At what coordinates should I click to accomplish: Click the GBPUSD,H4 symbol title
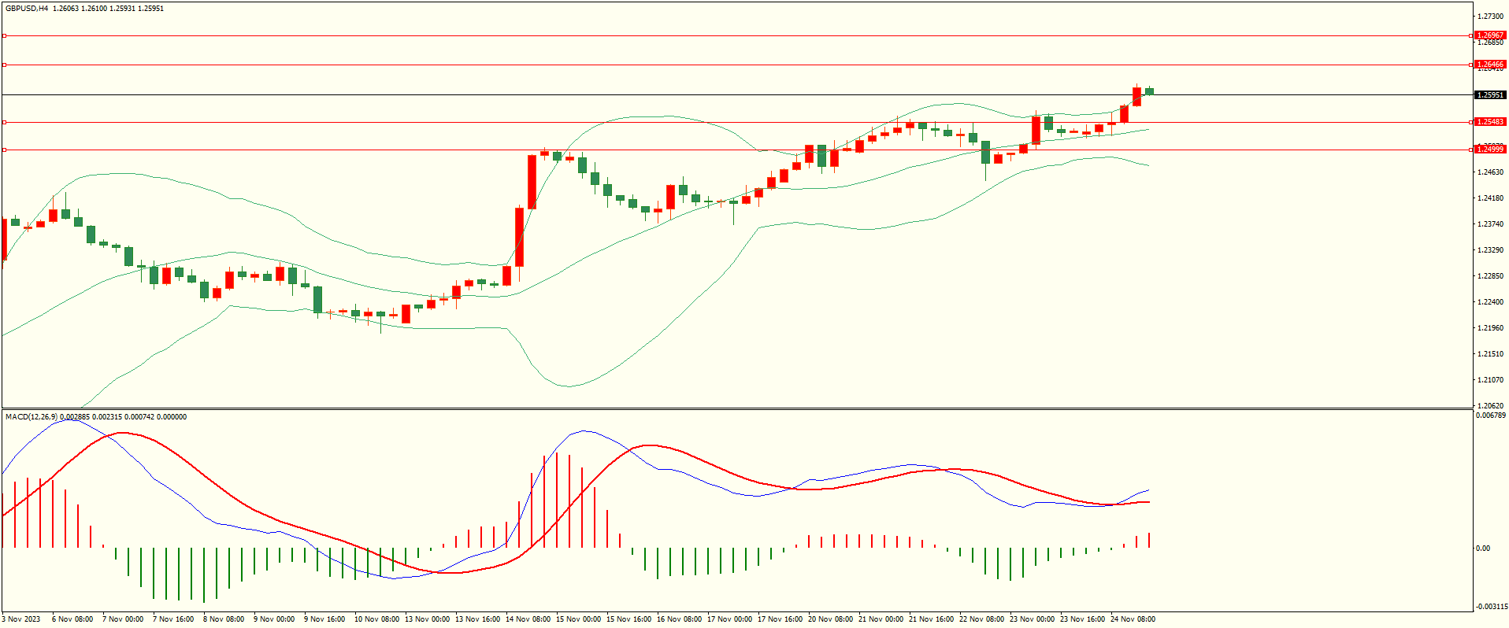click(27, 9)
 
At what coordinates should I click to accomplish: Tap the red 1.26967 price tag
click(1489, 35)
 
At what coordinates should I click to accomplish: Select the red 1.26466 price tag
click(1489, 65)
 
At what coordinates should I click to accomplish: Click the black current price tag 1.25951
click(1489, 95)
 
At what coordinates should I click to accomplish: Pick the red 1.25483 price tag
click(1489, 122)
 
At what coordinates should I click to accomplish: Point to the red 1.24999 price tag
click(1489, 150)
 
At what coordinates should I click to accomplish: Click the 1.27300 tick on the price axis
click(1491, 16)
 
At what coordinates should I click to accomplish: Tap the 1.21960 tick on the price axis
click(1491, 328)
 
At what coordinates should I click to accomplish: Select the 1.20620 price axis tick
click(1491, 406)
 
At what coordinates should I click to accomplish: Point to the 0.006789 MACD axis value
click(1491, 416)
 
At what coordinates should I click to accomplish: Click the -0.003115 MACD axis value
click(1491, 607)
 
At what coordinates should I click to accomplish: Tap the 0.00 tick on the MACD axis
click(1483, 549)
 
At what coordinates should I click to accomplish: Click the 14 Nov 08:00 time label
click(528, 619)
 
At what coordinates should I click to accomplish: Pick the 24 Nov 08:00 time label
click(1133, 619)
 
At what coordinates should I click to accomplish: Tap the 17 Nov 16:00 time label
click(780, 619)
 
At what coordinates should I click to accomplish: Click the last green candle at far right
click(1149, 91)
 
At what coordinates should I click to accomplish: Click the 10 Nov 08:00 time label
click(376, 619)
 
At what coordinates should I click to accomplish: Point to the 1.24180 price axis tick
click(1491, 198)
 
